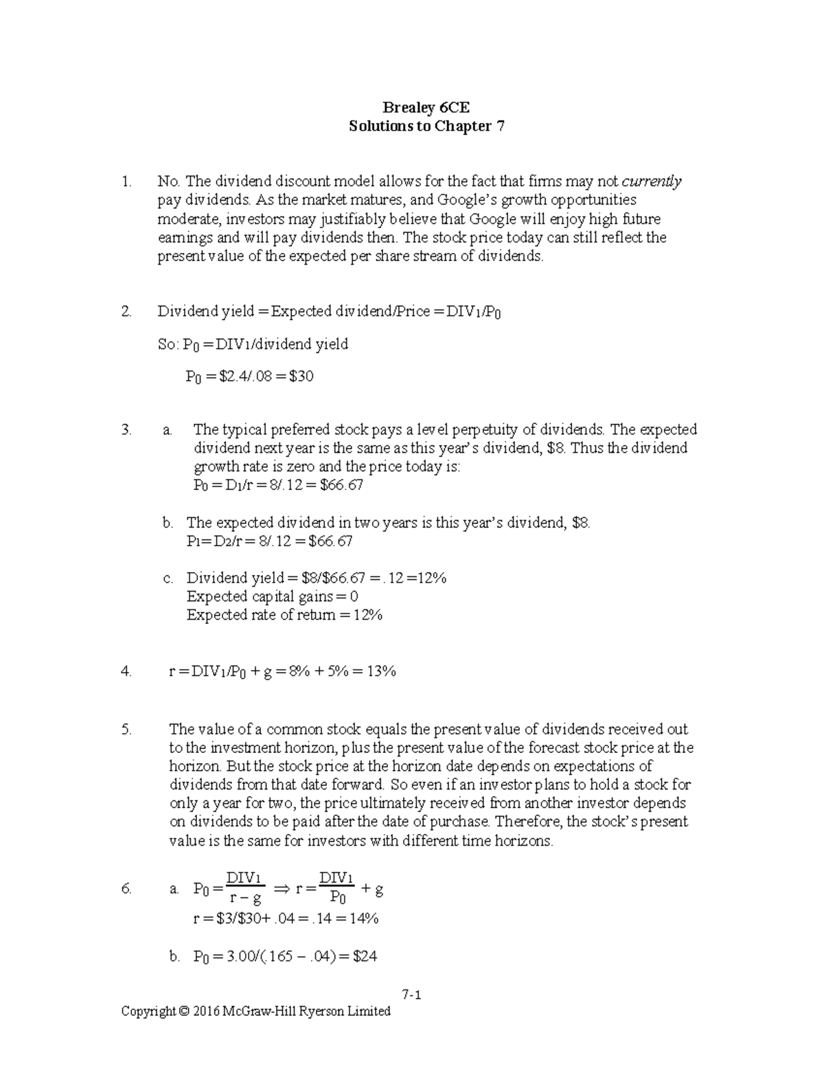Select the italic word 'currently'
click(x=652, y=182)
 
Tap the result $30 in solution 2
click(x=301, y=377)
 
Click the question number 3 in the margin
click(x=126, y=430)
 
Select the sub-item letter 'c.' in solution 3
click(x=169, y=579)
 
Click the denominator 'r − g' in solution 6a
click(x=245, y=899)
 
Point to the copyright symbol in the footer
click(x=183, y=1011)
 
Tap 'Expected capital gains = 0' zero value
click(x=354, y=597)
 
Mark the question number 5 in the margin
click(x=126, y=730)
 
